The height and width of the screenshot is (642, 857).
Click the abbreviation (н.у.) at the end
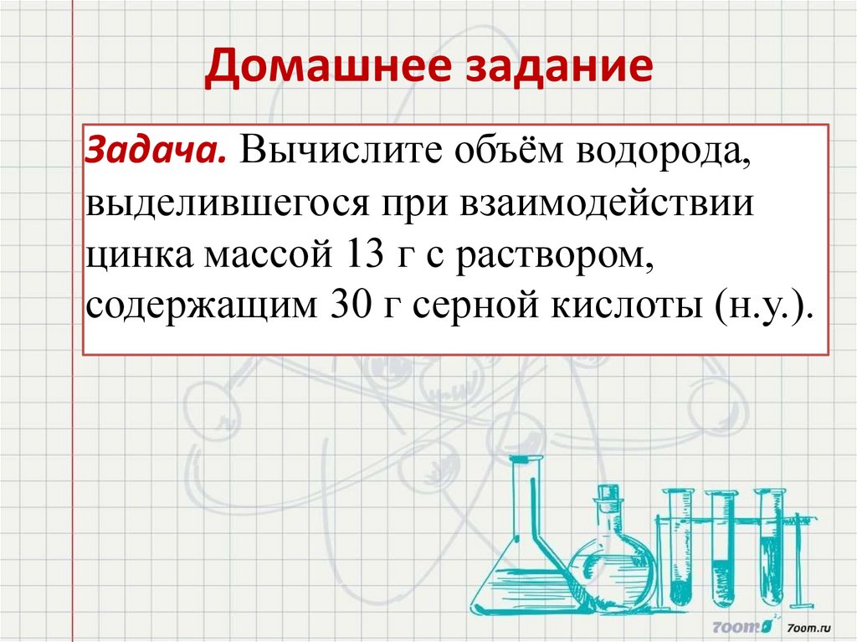point(763,306)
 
